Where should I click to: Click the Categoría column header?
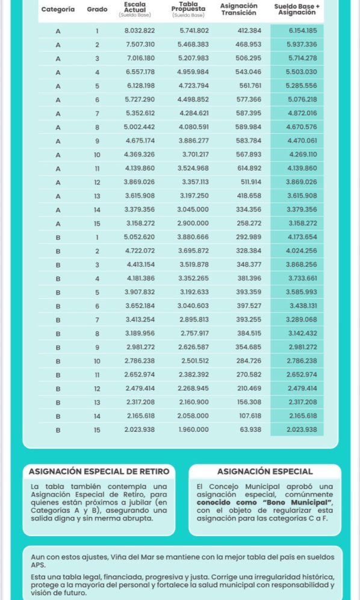[58, 10]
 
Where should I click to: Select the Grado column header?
[97, 10]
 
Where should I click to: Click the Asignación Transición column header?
[238, 9]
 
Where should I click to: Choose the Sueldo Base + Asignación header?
[297, 9]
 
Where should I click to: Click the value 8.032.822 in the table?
[140, 31]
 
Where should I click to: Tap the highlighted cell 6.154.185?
[303, 31]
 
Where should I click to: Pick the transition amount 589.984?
[248, 127]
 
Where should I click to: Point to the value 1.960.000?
[193, 430]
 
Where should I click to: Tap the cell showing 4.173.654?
[303, 237]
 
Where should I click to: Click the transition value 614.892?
[248, 168]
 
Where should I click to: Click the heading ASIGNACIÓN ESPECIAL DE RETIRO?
[99, 471]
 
